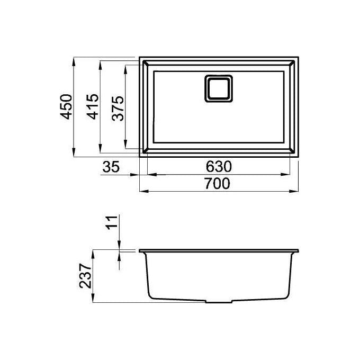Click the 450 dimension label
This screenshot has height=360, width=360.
[x=66, y=106]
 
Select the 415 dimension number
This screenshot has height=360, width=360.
[x=93, y=106]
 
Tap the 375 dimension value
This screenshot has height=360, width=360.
[x=118, y=109]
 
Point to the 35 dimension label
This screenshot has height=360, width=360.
[x=111, y=167]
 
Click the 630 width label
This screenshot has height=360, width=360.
[x=219, y=167]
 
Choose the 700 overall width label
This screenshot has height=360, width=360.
[x=217, y=184]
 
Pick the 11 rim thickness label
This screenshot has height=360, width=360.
[x=112, y=222]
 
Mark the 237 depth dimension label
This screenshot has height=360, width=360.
[x=85, y=276]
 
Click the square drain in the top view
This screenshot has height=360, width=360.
[x=218, y=88]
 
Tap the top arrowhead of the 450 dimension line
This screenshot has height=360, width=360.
[x=74, y=62]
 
